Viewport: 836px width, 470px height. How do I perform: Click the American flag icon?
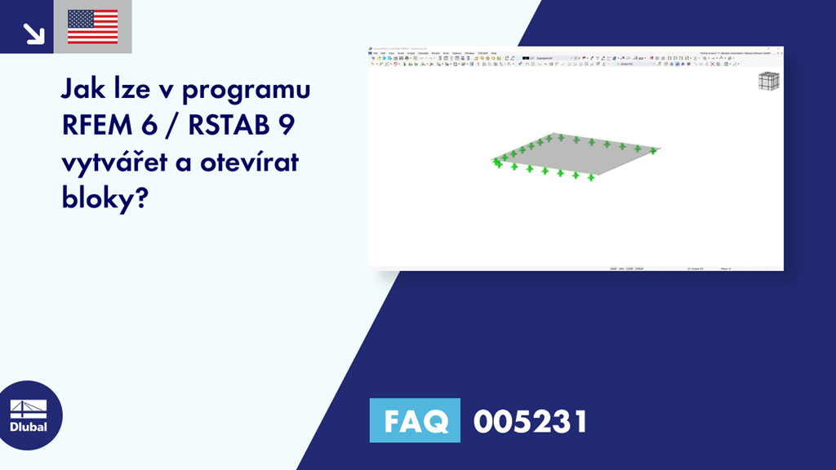pos(92,27)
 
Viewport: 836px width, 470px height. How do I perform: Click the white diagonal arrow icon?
pos(33,33)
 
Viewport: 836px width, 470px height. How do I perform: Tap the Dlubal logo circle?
pos(29,415)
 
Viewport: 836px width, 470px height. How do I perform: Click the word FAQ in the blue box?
pos(416,421)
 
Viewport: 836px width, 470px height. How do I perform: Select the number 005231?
pos(530,421)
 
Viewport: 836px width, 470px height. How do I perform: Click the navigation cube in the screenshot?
pos(768,82)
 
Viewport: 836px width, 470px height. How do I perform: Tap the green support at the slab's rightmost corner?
pos(653,151)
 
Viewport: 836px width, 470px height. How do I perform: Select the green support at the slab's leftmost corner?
pos(496,162)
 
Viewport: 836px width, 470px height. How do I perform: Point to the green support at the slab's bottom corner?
pos(590,176)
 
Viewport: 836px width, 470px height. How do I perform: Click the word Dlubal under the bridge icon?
pos(29,427)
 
